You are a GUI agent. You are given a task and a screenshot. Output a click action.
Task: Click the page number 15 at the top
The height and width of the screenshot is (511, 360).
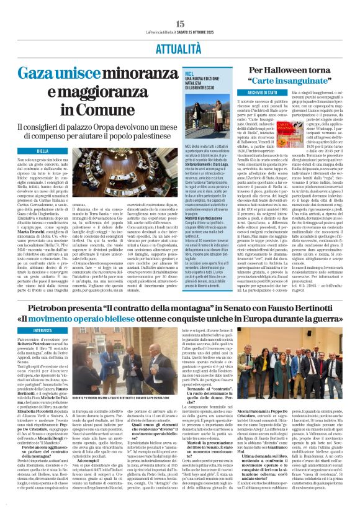click(180, 24)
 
